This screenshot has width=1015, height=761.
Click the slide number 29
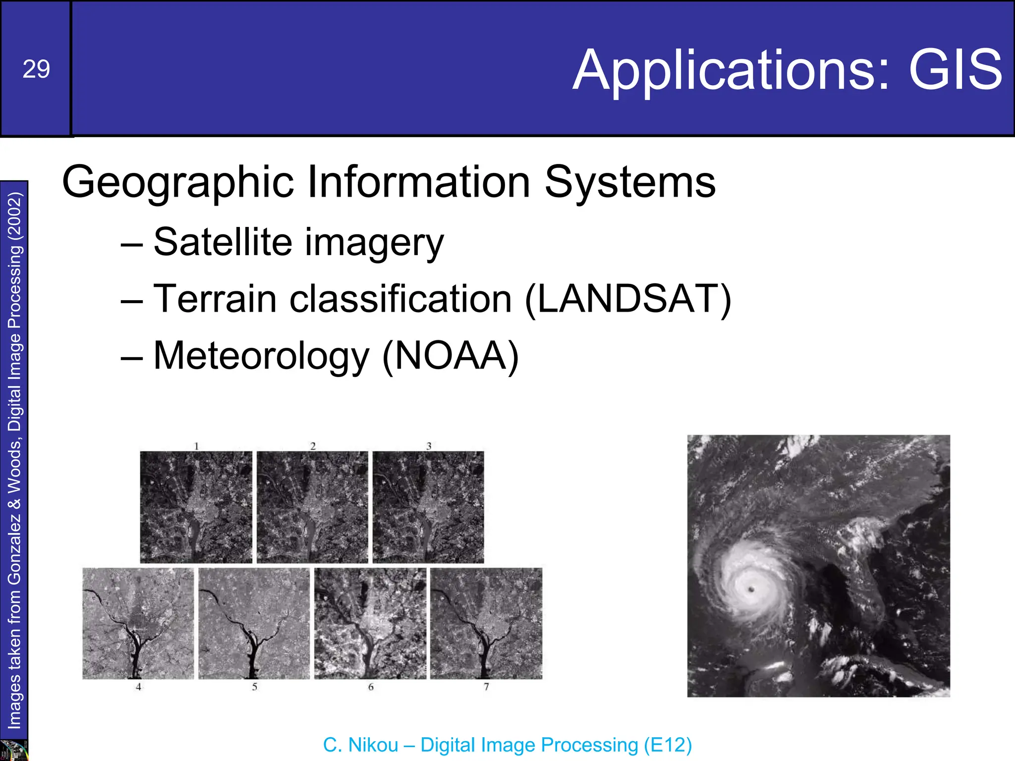36,69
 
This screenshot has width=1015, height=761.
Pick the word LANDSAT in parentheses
627,299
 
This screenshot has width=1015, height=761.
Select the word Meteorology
261,356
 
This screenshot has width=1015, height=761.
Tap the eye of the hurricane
751,589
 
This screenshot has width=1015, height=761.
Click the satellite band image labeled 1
196,507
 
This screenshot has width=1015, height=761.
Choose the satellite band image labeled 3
428,507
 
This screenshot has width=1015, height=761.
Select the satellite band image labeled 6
370,623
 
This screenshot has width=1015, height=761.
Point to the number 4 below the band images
139,687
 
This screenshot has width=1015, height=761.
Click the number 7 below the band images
486,687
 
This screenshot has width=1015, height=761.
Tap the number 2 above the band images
313,446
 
